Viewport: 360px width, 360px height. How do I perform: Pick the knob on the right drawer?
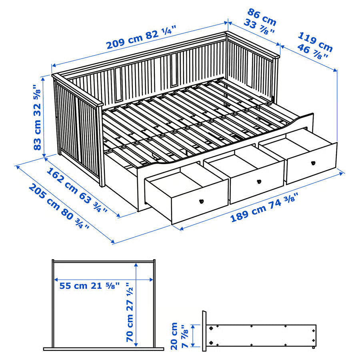pyautogui.click(x=313, y=163)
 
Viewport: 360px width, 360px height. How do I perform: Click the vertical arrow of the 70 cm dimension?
pyautogui.click(x=136, y=304)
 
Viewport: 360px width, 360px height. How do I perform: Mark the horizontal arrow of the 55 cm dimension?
pyautogui.click(x=104, y=280)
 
